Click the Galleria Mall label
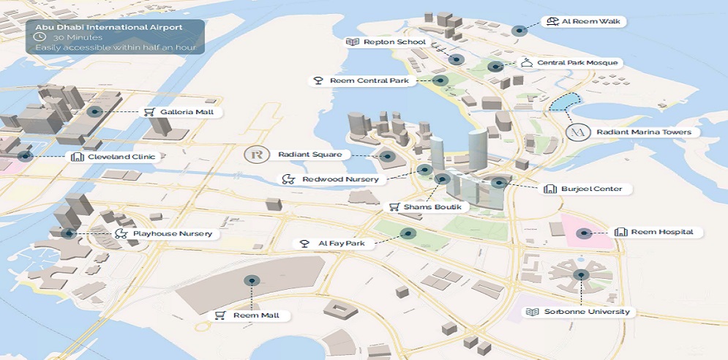pos(182,112)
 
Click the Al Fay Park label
pos(340,243)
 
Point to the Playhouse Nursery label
pos(172,234)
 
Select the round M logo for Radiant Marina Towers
pos(578,132)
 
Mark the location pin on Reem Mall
pos(252,281)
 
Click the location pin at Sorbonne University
pos(582,275)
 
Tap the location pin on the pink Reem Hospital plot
pos(583,234)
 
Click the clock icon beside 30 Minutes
pos(41,37)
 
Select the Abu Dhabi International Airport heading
pos(109,26)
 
